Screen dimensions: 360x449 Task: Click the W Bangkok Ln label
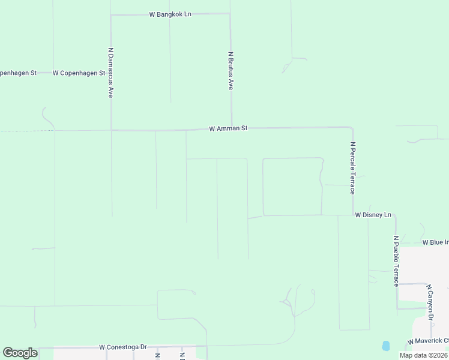170,14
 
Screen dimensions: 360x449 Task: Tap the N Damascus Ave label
111,73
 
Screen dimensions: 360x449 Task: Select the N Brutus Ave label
231,71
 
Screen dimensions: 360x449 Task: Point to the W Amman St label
229,128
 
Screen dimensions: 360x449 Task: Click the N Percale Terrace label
354,168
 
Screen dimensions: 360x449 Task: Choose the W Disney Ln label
373,215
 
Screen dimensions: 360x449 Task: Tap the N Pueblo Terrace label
396,260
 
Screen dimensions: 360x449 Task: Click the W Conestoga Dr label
123,347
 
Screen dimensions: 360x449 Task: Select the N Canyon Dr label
430,302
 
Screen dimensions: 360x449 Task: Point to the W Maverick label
429,341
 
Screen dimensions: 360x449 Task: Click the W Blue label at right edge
435,242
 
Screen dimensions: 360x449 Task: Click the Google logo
20,353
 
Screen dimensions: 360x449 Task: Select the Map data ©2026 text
423,355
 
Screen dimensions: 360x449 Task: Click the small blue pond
385,346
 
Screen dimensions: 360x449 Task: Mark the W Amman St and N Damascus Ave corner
111,129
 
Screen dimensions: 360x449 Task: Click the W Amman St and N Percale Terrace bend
352,128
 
